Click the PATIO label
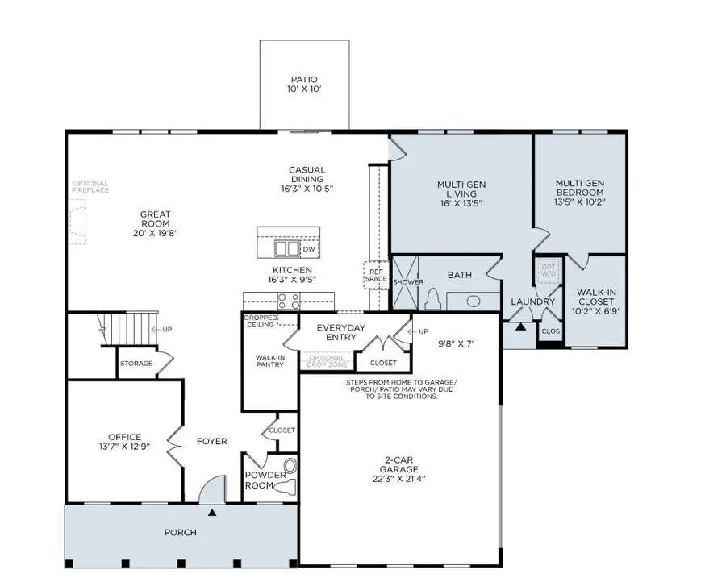[304, 79]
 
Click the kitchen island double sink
[285, 248]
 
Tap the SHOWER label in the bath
[408, 282]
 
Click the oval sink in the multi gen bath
[474, 301]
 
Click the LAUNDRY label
[532, 302]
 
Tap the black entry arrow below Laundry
[520, 327]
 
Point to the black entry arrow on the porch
[212, 512]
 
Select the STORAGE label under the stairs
[136, 364]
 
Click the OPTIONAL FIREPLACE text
[90, 188]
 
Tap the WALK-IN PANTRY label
[269, 360]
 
